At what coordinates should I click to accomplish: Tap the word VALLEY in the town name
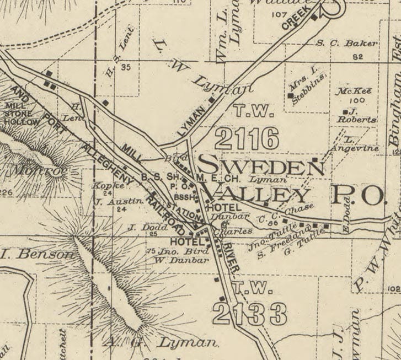257,194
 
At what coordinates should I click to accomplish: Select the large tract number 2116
247,138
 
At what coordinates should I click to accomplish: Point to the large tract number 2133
250,314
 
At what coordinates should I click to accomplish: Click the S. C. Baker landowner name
347,43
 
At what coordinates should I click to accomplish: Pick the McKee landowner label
355,91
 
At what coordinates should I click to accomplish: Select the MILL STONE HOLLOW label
22,114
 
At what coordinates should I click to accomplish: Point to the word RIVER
231,259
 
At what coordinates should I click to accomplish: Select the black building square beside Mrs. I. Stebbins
291,95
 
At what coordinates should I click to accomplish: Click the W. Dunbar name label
173,260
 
